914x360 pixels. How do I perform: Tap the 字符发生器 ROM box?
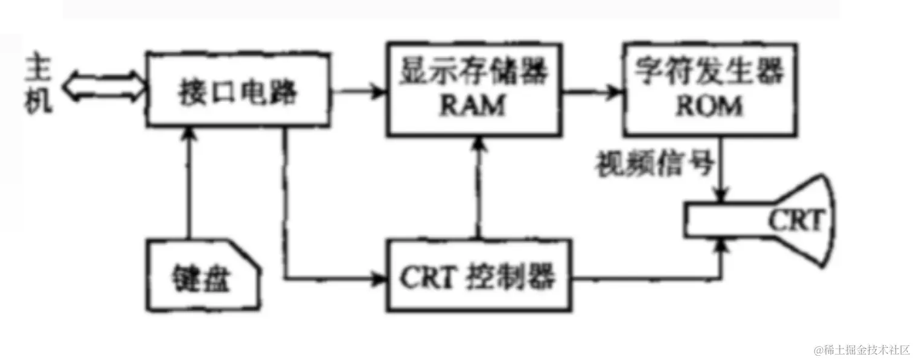click(709, 88)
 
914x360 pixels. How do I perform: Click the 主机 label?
click(39, 88)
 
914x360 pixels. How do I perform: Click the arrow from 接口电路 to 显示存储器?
click(359, 92)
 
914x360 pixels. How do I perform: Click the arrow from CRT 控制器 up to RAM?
click(479, 187)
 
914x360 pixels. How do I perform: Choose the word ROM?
click(709, 106)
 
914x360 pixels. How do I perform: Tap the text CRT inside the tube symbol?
click(795, 221)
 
